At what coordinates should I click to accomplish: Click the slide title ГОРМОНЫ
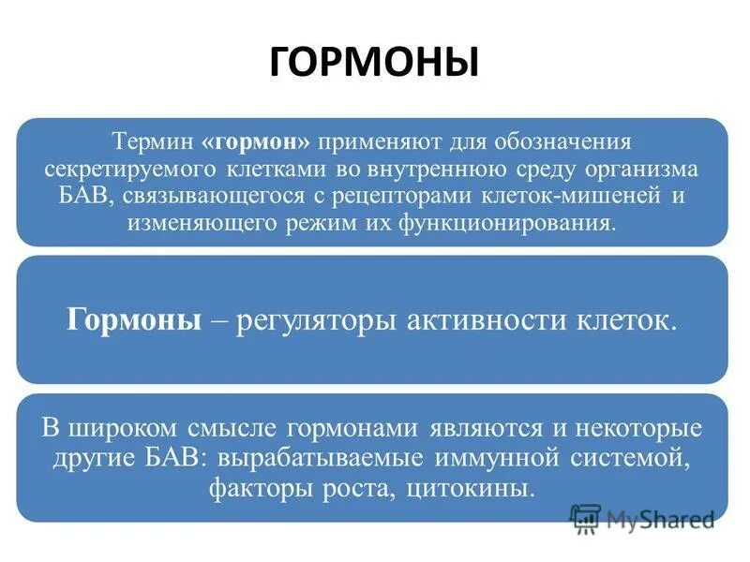coord(374,62)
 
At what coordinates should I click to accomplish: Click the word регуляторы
coord(318,319)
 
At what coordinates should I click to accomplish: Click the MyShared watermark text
coord(660,518)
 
